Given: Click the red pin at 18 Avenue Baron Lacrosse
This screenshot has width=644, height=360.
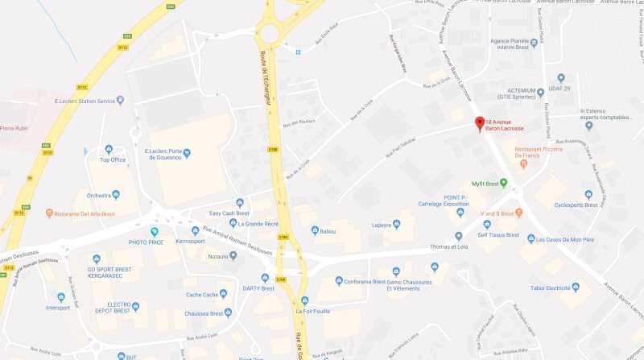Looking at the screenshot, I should tap(481, 123).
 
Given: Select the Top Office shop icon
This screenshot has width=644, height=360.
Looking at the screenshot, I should tap(109, 149).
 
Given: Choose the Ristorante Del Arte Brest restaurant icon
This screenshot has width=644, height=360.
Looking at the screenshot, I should tap(49, 213).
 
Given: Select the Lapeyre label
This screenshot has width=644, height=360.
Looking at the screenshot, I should tap(382, 226).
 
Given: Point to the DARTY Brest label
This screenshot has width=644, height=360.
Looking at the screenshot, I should tap(258, 288).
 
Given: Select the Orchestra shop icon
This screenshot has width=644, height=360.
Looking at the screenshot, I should tap(115, 194).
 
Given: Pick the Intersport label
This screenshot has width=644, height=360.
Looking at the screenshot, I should tap(58, 307).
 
